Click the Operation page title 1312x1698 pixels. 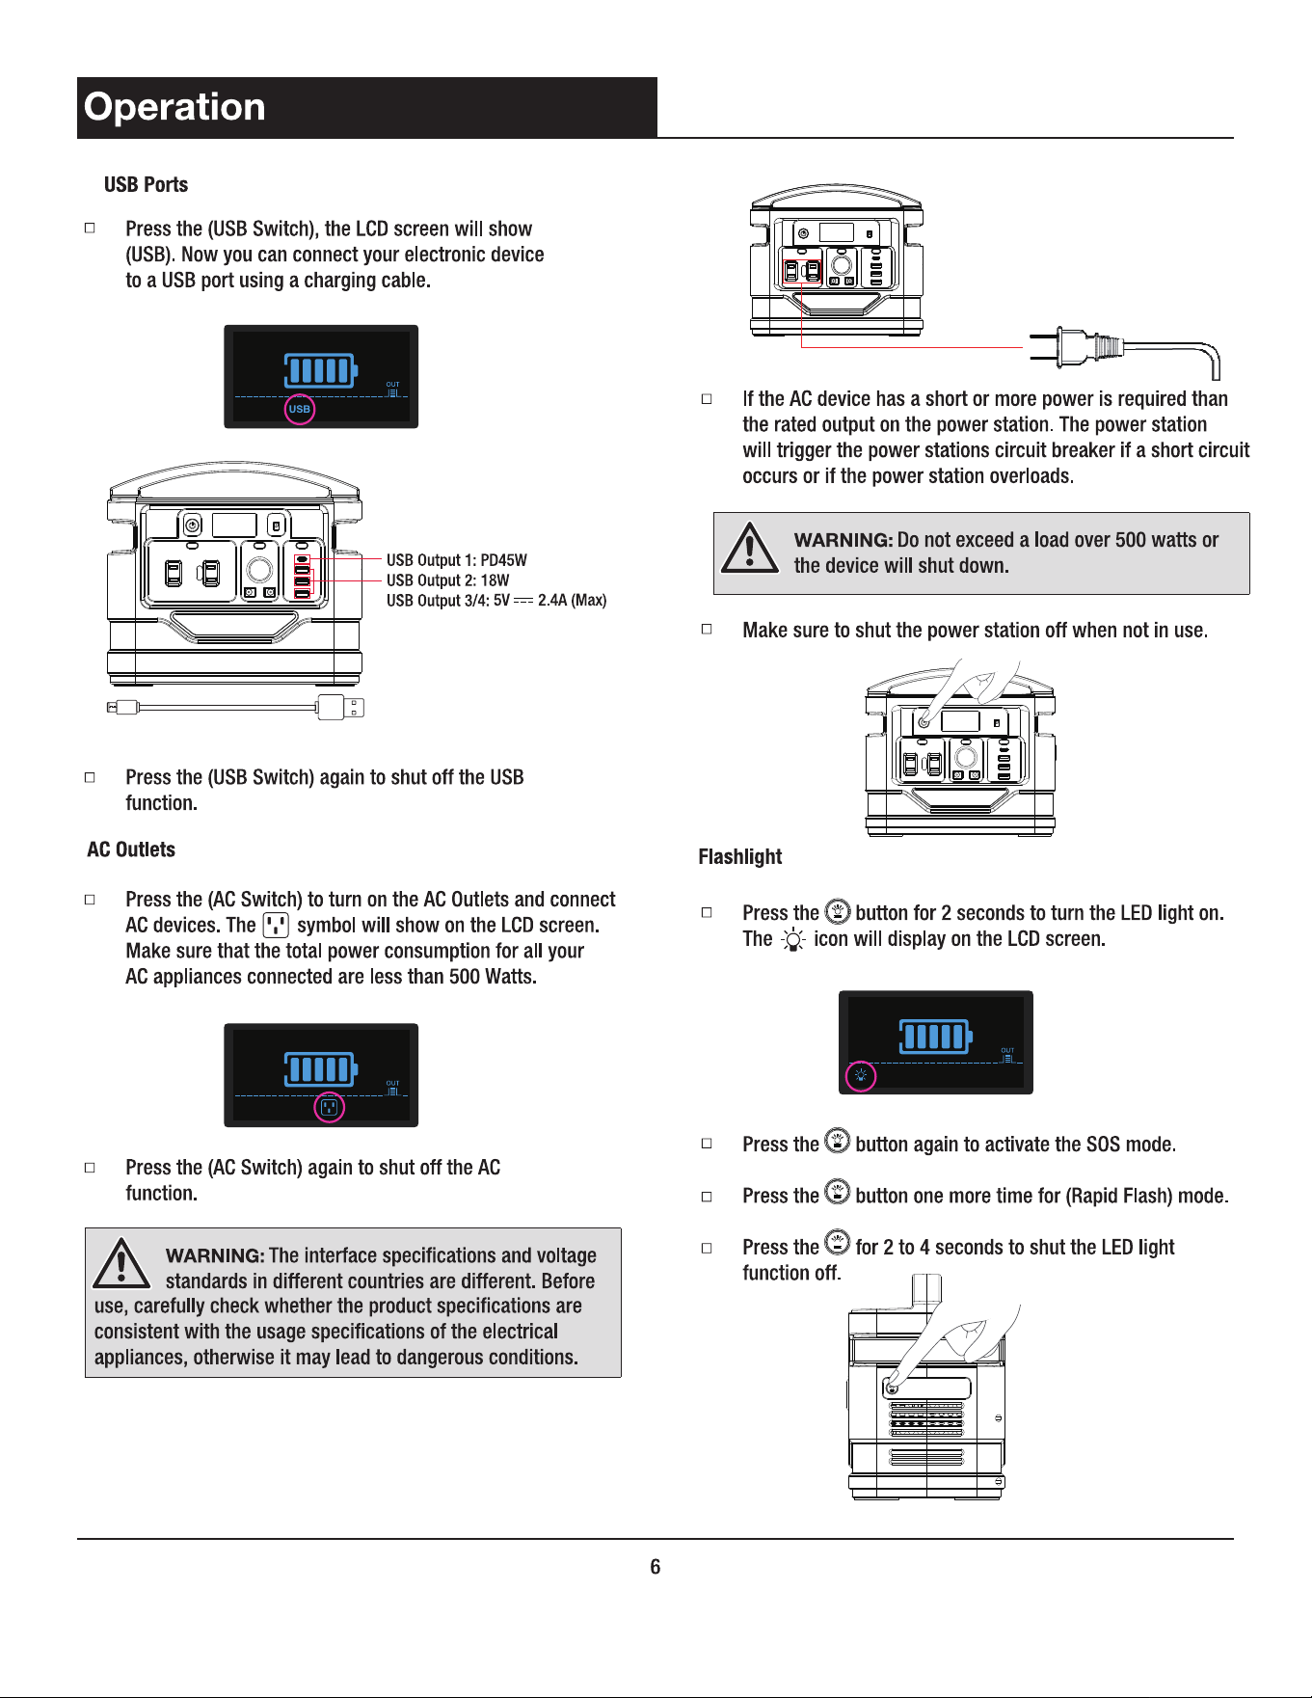click(x=174, y=107)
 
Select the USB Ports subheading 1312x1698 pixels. click(x=146, y=184)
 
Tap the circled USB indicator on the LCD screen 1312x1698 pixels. click(x=300, y=409)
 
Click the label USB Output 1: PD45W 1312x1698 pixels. click(x=457, y=560)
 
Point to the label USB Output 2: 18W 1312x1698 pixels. click(x=447, y=580)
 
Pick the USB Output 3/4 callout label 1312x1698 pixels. click(x=496, y=601)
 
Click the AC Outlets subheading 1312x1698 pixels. click(x=131, y=849)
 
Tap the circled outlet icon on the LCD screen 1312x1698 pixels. click(x=330, y=1107)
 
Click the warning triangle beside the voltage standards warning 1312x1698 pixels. click(x=121, y=1263)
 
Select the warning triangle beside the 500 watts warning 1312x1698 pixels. click(x=750, y=548)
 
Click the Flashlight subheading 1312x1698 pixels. click(x=740, y=856)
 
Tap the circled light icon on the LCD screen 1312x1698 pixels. click(x=861, y=1076)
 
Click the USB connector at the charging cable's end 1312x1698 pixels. click(x=341, y=707)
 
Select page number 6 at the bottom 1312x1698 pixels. click(x=656, y=1567)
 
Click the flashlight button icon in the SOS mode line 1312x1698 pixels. click(x=838, y=1141)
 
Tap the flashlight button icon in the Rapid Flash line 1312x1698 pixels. click(x=838, y=1192)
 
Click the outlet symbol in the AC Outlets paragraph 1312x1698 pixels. click(x=276, y=926)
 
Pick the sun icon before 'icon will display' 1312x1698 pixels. click(x=792, y=939)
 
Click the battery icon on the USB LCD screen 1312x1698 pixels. click(x=321, y=370)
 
